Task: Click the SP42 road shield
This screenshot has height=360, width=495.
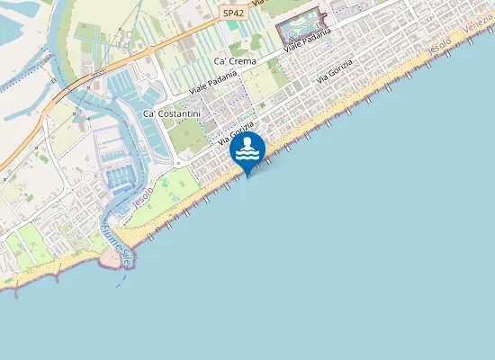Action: (233, 13)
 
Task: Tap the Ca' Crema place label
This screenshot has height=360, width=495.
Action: (235, 61)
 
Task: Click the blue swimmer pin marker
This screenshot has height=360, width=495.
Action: (247, 149)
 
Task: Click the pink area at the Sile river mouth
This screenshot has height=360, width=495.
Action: (112, 259)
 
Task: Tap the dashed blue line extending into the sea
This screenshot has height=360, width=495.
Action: (120, 278)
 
